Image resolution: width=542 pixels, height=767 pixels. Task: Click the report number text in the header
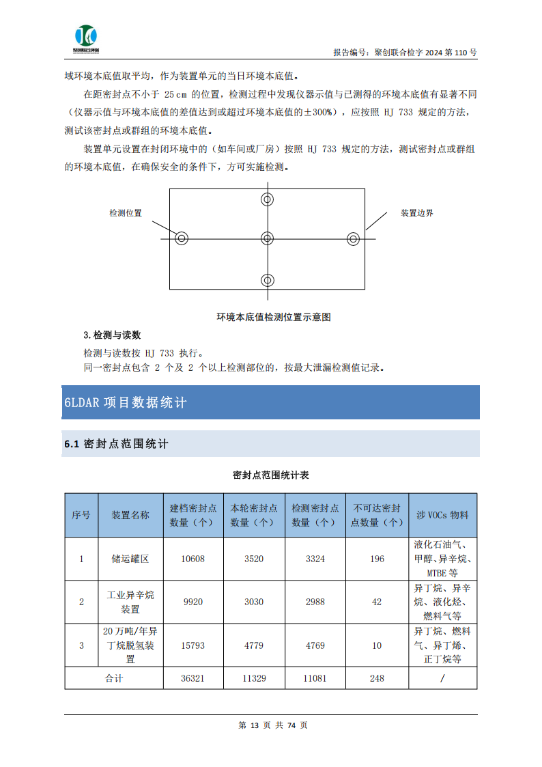pos(405,52)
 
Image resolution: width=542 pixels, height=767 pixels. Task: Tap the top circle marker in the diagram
pos(267,199)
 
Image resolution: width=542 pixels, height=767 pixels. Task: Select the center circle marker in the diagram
pos(267,238)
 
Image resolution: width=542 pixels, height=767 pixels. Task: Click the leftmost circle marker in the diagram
pos(181,238)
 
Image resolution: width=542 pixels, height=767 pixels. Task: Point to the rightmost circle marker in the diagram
pos(353,238)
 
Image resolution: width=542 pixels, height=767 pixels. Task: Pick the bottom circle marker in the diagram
pos(267,280)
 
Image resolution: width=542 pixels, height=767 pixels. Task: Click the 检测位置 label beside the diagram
pos(126,213)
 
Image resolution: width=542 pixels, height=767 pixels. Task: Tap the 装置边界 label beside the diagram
pos(416,213)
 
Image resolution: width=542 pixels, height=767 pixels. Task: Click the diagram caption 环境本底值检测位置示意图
pos(274,317)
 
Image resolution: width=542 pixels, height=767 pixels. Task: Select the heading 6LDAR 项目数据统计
pos(125,402)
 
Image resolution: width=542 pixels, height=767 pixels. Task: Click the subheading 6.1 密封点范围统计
pos(116,444)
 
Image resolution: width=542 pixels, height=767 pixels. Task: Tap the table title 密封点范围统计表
pos(270,475)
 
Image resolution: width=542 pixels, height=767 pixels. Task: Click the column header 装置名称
pos(130,515)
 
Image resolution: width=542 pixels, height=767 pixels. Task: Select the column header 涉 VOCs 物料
pos(442,515)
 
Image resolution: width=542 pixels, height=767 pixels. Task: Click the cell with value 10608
pos(192,559)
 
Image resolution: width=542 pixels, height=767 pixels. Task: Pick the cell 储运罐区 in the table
pos(130,559)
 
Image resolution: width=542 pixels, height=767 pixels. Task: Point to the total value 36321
pos(192,678)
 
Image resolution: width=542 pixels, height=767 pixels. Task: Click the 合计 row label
pos(114,678)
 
